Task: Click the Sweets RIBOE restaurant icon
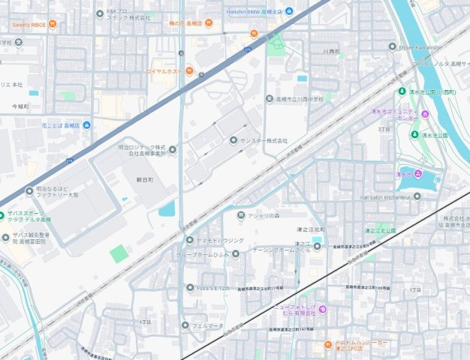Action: point(53,25)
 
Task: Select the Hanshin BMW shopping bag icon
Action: point(289,10)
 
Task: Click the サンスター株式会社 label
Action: point(264,141)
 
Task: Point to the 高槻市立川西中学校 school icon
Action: point(270,99)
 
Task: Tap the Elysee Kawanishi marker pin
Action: point(392,46)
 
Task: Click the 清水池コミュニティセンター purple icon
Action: point(425,114)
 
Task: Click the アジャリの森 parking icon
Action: point(240,215)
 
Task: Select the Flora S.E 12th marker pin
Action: point(190,287)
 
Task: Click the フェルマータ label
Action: point(207,325)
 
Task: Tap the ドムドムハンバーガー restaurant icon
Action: point(327,345)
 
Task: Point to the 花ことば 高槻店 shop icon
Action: point(86,125)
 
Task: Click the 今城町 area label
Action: point(20,107)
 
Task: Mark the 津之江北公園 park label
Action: point(380,230)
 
